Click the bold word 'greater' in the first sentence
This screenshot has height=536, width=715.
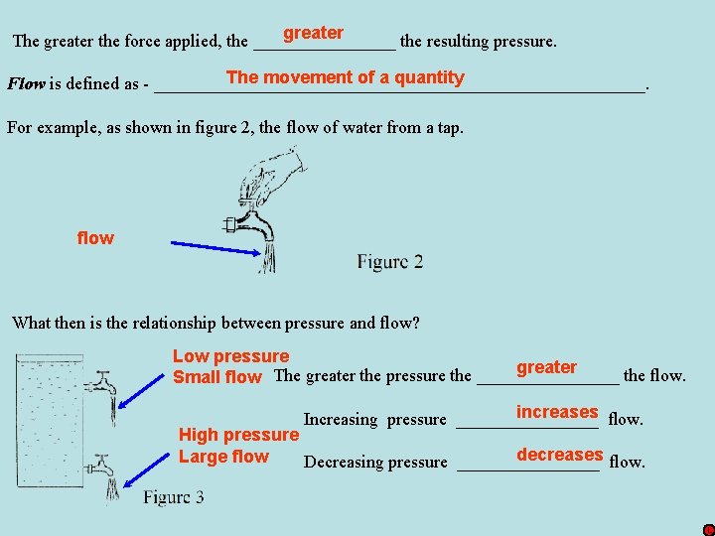[313, 33]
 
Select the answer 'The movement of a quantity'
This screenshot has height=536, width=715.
[345, 77]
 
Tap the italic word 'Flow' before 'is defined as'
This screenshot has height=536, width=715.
[26, 83]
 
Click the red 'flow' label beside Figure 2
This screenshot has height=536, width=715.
[95, 238]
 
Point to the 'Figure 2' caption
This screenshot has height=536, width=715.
[389, 262]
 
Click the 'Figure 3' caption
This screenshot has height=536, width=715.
[174, 496]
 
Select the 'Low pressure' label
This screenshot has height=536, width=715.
[230, 356]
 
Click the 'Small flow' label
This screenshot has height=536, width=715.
[216, 377]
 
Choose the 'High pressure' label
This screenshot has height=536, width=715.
[237, 435]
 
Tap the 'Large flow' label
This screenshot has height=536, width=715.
[223, 457]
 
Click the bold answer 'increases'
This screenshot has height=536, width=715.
[557, 412]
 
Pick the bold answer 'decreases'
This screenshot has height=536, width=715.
[559, 455]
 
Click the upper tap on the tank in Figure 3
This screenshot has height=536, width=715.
[102, 383]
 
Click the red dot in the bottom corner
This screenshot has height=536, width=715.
[708, 530]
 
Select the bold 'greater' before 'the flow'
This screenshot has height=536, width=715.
[546, 367]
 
